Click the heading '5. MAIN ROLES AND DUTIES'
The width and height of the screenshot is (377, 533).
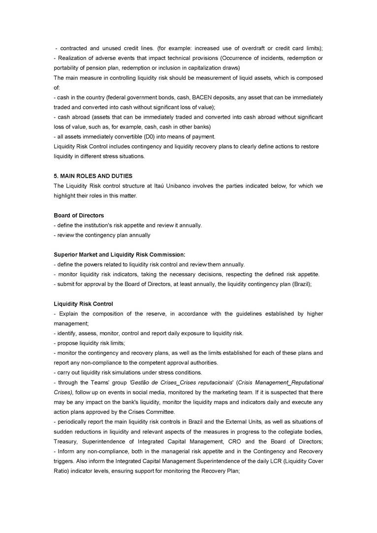pos(93,176)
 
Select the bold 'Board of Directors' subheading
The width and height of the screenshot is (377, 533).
pos(79,215)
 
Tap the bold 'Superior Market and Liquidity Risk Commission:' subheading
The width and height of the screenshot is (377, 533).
pos(120,254)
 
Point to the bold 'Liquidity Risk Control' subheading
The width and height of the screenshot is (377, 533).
pos(83,304)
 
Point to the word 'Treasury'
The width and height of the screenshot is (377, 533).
pos(66,441)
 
